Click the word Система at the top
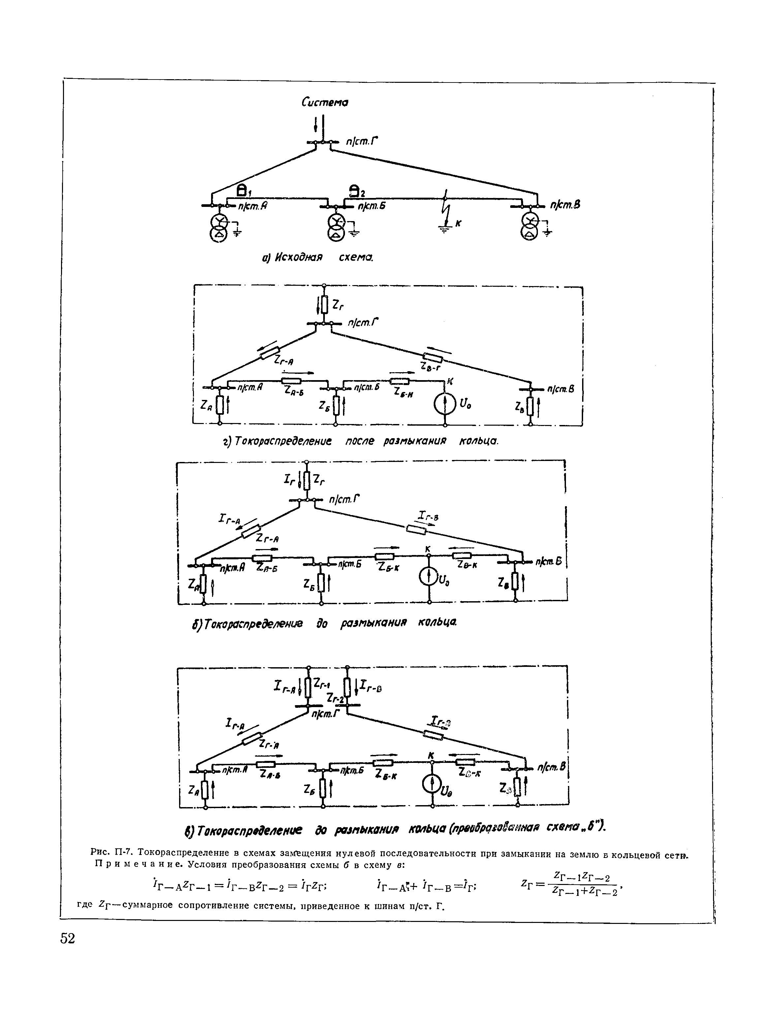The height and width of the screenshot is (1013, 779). click(325, 102)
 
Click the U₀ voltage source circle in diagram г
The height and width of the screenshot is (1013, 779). click(444, 405)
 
